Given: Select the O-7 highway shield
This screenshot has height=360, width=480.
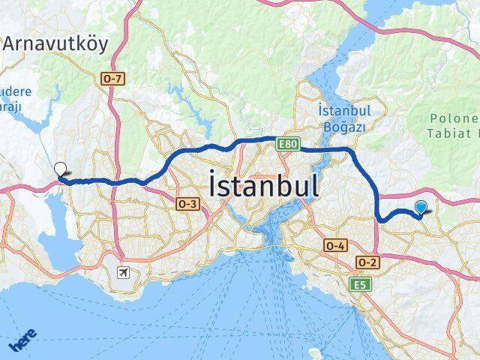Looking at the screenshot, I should coord(110,76).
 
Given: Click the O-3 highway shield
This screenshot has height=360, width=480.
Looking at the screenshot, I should coord(187,203).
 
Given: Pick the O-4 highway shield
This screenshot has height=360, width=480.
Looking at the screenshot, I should coord(335,245).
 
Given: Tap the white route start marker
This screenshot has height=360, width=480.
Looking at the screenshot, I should coord(60,168).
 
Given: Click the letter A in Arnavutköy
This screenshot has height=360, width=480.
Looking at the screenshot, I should coord(12,43).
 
